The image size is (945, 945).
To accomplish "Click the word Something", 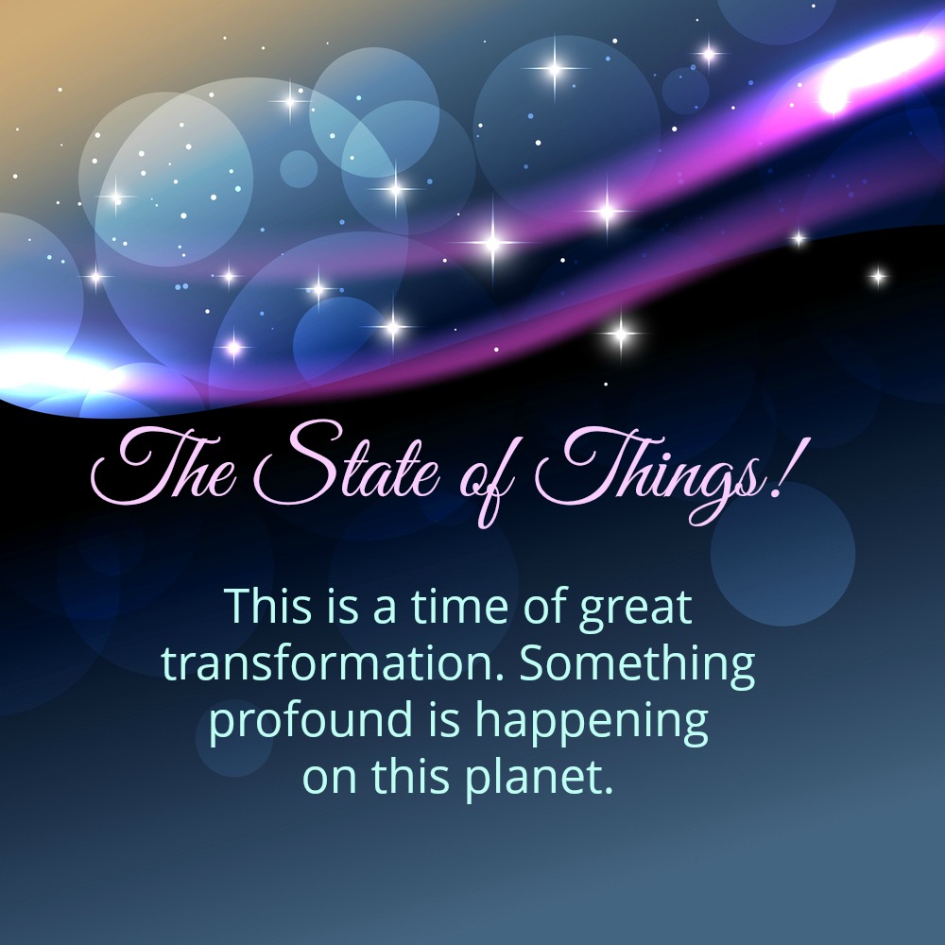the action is (637, 665).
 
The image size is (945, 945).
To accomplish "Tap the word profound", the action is (311, 721).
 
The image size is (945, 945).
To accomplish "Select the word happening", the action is (592, 721).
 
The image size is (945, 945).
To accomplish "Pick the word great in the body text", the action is (635, 609).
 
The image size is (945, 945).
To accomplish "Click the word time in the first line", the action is (460, 606).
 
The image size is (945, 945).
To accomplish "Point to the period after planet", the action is (608, 788).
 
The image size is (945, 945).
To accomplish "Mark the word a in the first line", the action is (385, 610).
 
